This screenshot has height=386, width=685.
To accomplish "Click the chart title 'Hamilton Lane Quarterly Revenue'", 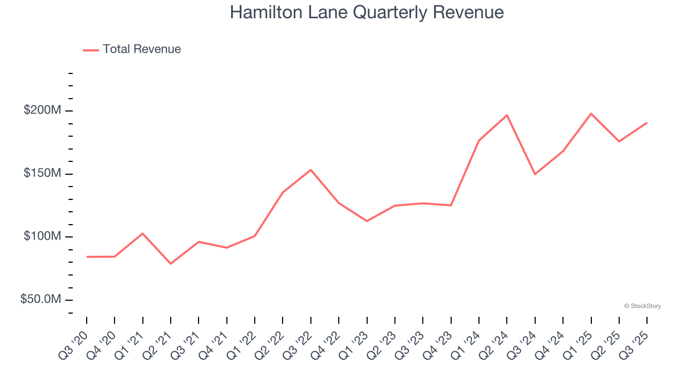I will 367,12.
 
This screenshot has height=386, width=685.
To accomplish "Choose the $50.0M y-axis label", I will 41,299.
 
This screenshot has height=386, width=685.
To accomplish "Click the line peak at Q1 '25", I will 591,114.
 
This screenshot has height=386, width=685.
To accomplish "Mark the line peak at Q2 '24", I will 507,115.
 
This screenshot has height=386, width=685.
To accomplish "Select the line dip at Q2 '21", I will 171,264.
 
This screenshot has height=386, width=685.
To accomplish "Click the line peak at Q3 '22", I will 311,170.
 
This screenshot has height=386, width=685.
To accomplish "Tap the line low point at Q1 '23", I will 367,221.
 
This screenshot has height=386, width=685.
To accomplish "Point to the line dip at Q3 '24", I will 535,174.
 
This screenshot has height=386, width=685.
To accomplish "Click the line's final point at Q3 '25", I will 647,123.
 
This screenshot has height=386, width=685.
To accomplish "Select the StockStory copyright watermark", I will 642,306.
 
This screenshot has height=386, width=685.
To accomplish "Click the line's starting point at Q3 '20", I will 87,257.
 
